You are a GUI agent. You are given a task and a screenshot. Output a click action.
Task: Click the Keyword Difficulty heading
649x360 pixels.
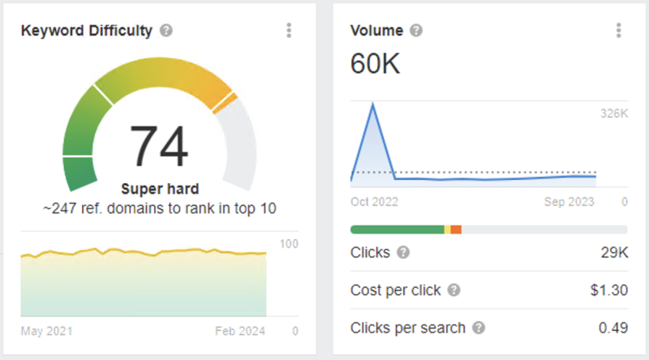[86, 31]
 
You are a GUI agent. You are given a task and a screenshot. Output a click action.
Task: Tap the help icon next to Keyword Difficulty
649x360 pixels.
[166, 31]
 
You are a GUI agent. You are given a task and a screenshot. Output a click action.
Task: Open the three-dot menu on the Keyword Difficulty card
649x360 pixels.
[289, 31]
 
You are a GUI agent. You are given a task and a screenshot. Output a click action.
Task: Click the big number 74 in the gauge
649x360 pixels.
[159, 146]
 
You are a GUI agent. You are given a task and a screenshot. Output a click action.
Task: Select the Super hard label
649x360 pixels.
[159, 189]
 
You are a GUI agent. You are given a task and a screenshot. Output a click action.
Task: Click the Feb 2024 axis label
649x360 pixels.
[240, 331]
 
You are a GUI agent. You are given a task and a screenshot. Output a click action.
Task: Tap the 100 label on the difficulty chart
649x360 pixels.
[288, 243]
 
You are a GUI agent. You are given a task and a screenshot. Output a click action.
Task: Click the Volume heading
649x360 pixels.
[376, 31]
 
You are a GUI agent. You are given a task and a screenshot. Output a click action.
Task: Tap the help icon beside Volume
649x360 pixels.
[416, 31]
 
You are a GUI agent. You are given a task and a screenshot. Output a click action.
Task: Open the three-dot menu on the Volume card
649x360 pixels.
[618, 31]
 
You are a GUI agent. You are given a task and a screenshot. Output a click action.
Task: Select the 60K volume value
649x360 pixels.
[375, 63]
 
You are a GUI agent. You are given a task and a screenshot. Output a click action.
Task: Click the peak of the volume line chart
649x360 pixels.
[372, 104]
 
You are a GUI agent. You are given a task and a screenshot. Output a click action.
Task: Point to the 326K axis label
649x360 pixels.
[613, 114]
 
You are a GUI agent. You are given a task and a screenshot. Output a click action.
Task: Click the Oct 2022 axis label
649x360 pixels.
[374, 201]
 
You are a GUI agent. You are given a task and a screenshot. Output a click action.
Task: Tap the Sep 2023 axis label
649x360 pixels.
[569, 201]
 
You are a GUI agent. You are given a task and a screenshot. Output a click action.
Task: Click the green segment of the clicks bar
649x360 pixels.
[397, 229]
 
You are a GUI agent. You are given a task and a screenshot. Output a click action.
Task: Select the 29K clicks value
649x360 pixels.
[613, 253]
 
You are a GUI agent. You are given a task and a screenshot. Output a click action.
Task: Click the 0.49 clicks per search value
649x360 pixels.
[612, 328]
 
